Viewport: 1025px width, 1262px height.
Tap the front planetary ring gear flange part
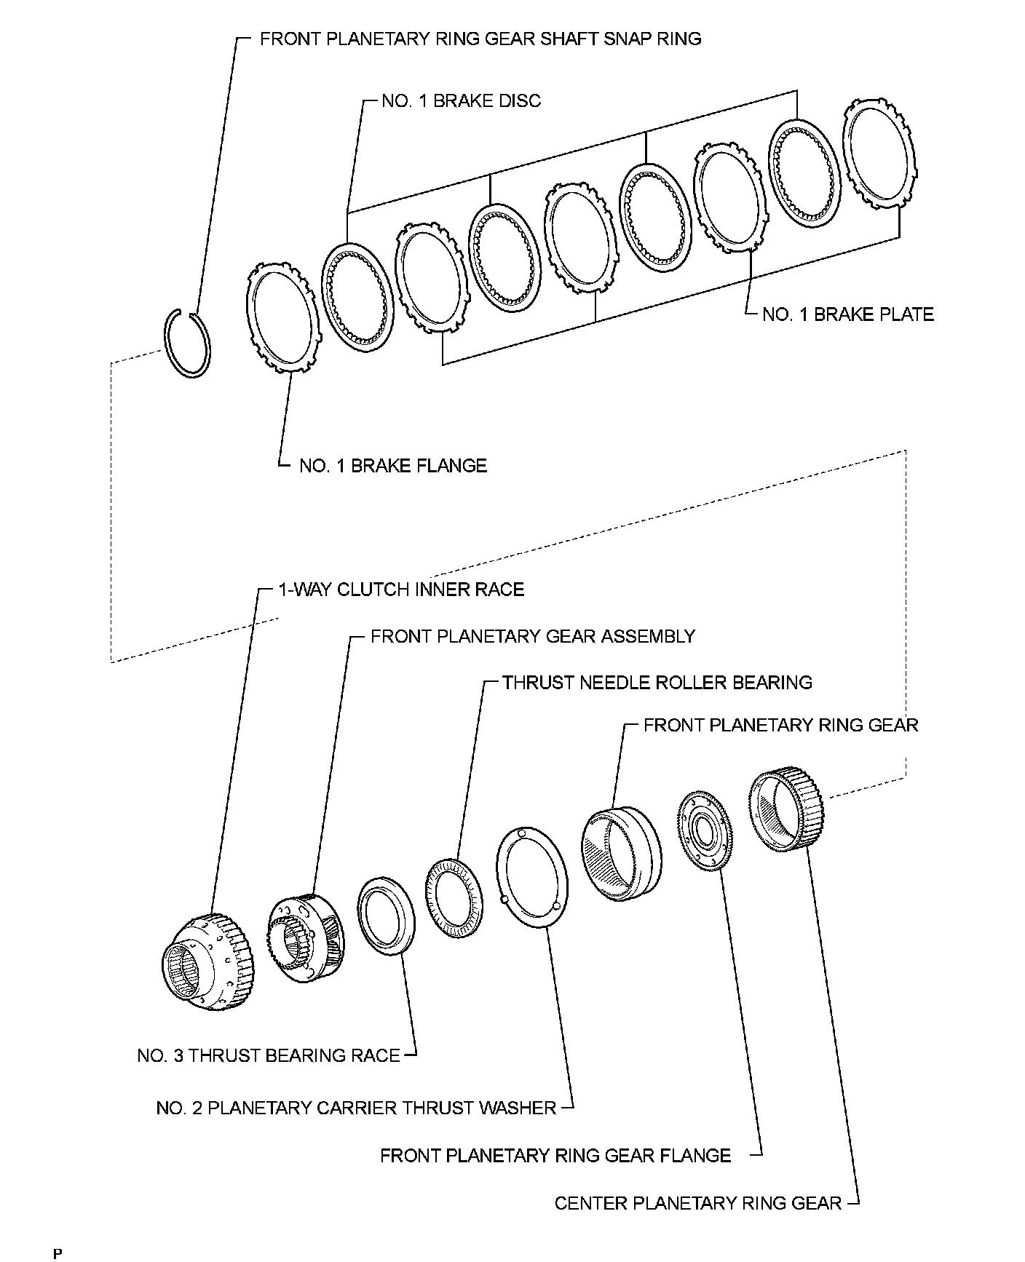tap(705, 830)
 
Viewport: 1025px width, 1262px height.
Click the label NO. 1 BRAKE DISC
tap(462, 100)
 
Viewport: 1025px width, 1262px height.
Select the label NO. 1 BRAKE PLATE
tap(847, 314)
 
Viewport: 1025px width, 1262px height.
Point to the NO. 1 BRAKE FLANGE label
tap(393, 466)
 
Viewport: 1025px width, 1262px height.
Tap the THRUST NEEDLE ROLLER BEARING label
tap(657, 683)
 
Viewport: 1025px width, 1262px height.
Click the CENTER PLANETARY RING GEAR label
tap(698, 1203)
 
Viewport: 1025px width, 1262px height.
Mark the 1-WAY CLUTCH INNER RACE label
tap(401, 589)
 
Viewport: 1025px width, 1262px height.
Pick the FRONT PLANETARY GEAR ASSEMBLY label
tap(533, 636)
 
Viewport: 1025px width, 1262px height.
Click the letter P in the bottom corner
tap(57, 1253)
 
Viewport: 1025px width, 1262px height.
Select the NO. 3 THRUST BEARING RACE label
tap(269, 1055)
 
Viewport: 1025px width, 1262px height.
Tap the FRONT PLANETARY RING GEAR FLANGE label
tap(555, 1155)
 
